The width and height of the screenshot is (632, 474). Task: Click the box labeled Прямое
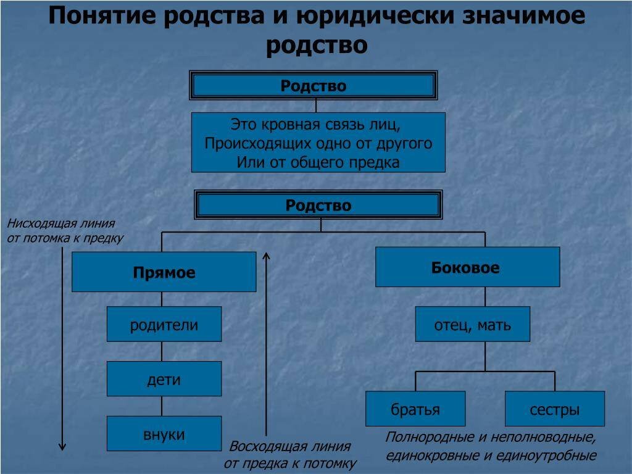(x=164, y=272)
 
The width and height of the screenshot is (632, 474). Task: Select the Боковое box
(x=467, y=267)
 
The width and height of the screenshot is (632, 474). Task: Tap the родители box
(x=164, y=324)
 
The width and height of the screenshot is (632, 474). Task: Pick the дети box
(x=164, y=379)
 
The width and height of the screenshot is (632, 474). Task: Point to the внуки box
(x=164, y=433)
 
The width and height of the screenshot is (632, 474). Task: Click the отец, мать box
(x=472, y=324)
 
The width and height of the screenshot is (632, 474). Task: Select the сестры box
(x=554, y=409)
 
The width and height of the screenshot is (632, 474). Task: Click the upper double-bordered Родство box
(x=314, y=85)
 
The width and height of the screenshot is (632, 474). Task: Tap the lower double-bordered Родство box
(x=318, y=205)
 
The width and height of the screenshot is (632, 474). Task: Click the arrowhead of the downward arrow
(x=62, y=446)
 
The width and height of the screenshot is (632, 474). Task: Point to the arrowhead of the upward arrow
(x=267, y=256)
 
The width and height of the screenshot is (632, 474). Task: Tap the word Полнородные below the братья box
(x=428, y=438)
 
